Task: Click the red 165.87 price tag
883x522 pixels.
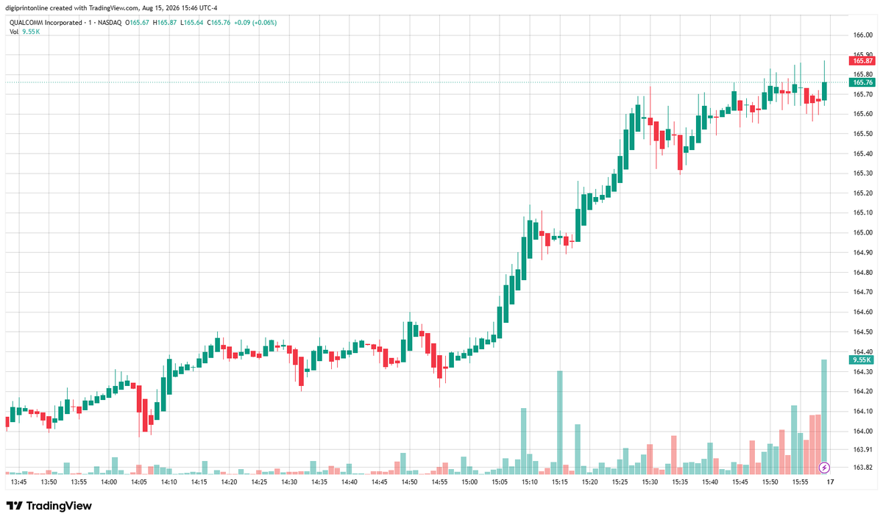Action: [862, 61]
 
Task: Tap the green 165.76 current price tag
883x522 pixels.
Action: [862, 82]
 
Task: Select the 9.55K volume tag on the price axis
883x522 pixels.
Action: [862, 360]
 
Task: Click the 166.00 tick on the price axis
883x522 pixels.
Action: [862, 35]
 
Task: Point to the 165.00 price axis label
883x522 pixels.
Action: [862, 232]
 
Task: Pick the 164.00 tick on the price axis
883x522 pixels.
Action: [862, 431]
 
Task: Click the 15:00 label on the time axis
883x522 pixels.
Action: [469, 482]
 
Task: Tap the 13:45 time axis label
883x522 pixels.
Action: [19, 482]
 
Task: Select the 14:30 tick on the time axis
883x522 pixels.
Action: [289, 482]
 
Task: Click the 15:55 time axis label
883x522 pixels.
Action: [800, 482]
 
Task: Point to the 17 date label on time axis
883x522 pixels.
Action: [830, 482]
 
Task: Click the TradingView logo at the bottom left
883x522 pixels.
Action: [49, 506]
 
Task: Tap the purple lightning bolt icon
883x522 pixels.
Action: [824, 468]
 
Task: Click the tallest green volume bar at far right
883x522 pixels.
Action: [824, 416]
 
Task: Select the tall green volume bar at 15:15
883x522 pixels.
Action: [560, 422]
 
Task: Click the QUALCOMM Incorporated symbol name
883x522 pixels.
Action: [46, 23]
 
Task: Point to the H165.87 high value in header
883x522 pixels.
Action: [165, 23]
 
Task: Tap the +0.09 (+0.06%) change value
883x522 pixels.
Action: [255, 23]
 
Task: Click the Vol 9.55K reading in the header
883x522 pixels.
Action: [25, 32]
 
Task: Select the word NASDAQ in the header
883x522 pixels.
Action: [110, 23]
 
